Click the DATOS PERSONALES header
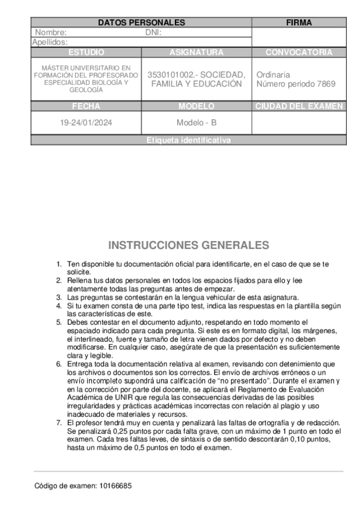click(141, 22)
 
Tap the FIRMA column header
click(299, 22)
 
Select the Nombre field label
click(51, 32)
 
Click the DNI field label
click(153, 32)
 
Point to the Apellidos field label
click(50, 42)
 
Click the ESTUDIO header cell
click(86, 52)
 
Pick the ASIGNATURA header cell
click(197, 52)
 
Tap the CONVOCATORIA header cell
click(299, 52)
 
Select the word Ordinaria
click(273, 75)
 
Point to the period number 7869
click(326, 84)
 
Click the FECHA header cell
click(86, 106)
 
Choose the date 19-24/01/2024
click(86, 123)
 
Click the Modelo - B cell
click(197, 123)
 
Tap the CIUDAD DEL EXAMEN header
click(299, 106)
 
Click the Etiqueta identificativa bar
click(188, 140)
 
